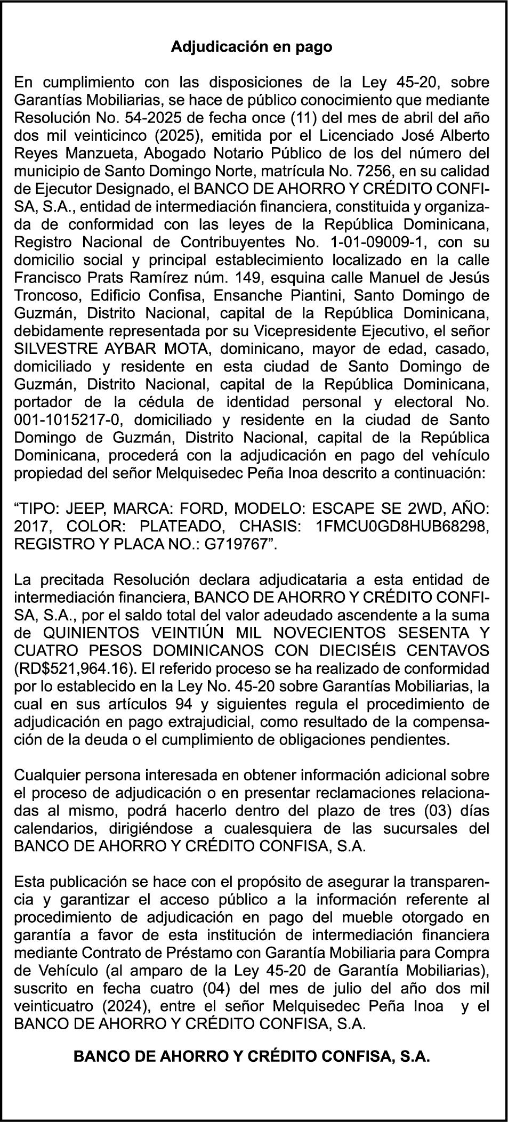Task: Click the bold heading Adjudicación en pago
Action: click(x=251, y=47)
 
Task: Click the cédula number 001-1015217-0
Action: click(x=67, y=420)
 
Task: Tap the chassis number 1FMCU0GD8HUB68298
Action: click(x=402, y=527)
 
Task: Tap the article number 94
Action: click(x=183, y=704)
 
